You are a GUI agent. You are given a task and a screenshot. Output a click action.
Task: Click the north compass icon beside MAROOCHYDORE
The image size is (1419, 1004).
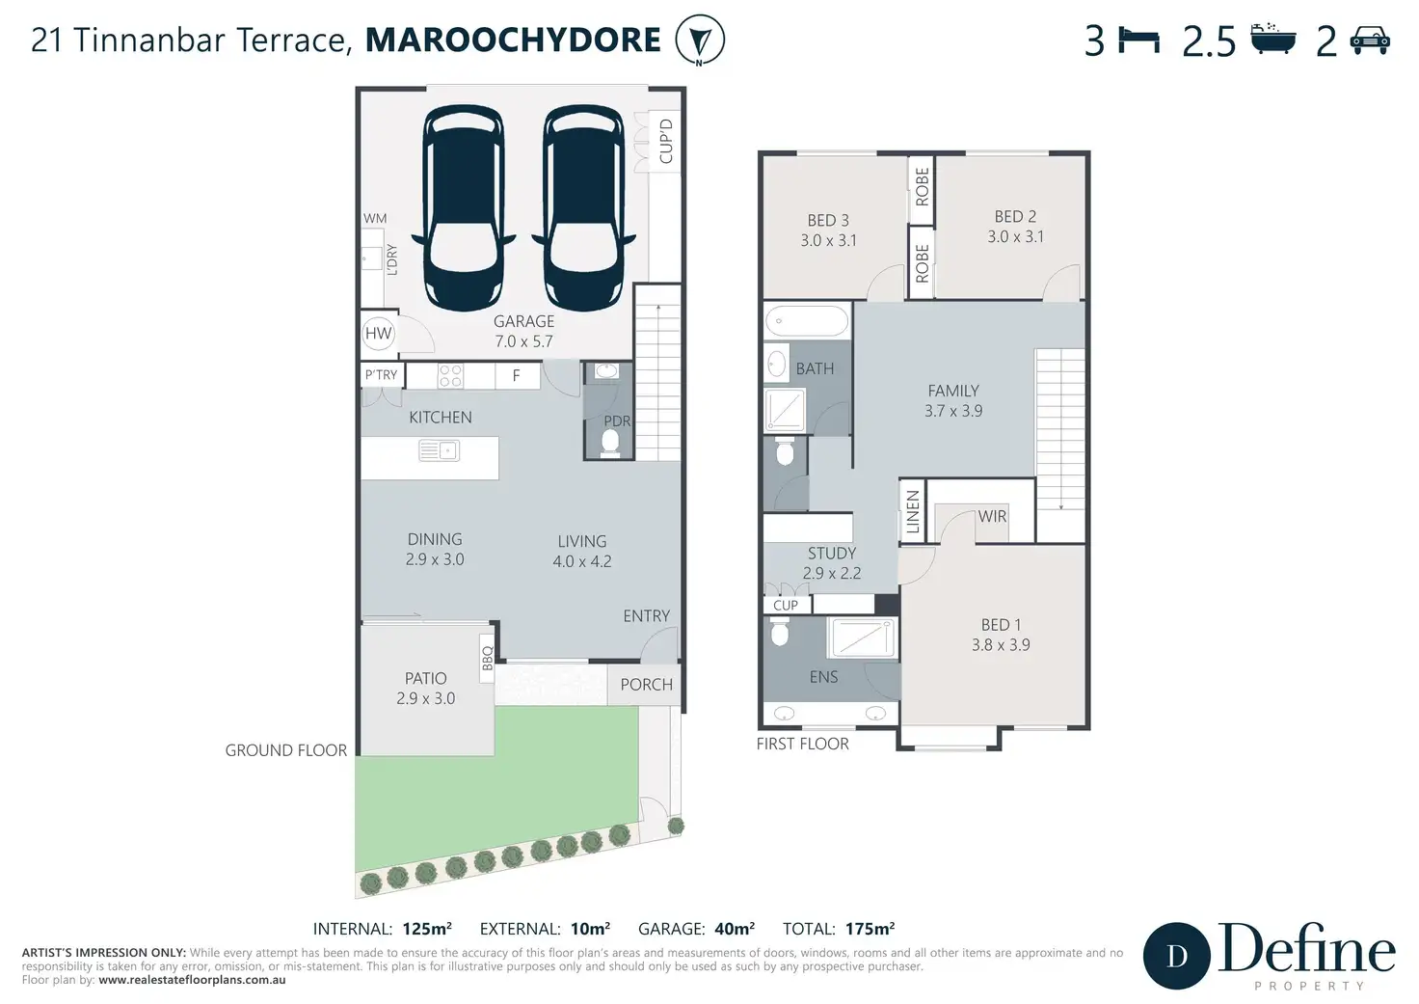click(x=699, y=40)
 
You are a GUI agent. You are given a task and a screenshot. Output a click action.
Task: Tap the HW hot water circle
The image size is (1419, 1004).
click(x=378, y=334)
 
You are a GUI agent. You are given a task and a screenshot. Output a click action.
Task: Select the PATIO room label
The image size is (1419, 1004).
click(x=426, y=678)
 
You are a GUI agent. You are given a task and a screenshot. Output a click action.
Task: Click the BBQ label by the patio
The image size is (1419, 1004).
click(x=487, y=658)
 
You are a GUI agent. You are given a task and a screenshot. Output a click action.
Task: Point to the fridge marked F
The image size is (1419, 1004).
click(x=517, y=376)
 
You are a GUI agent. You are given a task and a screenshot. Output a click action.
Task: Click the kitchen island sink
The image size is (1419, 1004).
click(x=439, y=450)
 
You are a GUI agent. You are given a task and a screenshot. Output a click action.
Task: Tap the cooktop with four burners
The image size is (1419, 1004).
click(x=450, y=376)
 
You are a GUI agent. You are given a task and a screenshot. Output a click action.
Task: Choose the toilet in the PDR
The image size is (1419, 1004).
click(x=610, y=443)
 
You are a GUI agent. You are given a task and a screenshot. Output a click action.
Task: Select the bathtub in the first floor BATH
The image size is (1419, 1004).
click(x=807, y=321)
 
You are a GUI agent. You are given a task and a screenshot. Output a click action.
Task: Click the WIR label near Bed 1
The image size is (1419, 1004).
click(x=992, y=517)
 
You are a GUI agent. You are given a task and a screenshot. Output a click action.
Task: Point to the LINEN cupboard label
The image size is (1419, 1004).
click(x=912, y=512)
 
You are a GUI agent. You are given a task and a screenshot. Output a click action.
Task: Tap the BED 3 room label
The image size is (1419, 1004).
click(x=828, y=221)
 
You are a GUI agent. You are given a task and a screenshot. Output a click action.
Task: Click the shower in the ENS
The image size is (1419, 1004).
click(x=862, y=638)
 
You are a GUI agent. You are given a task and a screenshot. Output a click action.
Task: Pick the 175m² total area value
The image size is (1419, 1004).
click(x=870, y=929)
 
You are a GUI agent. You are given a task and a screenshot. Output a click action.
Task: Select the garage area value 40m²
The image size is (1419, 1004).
click(x=735, y=929)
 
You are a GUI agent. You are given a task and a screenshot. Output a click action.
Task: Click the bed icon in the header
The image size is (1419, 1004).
click(x=1139, y=40)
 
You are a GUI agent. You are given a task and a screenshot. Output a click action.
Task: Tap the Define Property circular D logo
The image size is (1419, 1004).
click(x=1177, y=956)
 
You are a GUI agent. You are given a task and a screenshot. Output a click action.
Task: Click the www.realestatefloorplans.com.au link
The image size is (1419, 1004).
click(x=192, y=980)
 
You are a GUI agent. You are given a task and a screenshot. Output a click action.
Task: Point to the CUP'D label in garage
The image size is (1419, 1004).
click(x=666, y=141)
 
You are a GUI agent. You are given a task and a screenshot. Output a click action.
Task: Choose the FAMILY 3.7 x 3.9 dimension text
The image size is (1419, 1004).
click(x=953, y=411)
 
